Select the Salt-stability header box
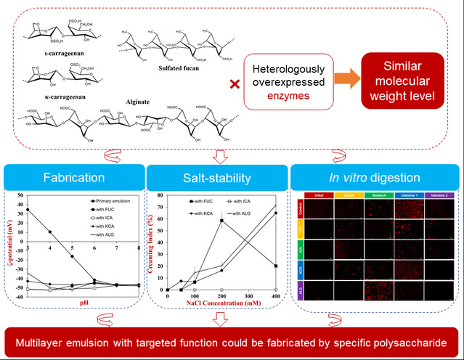pyautogui.click(x=218, y=176)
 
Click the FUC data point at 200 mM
pyautogui.click(x=221, y=221)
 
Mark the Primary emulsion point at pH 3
pyautogui.click(x=28, y=210)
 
